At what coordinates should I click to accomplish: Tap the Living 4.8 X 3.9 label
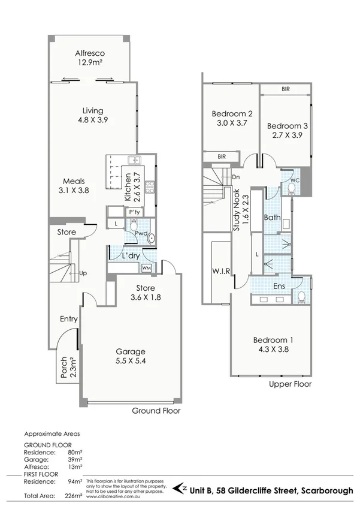(x=93, y=115)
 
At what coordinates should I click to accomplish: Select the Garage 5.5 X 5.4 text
(x=131, y=357)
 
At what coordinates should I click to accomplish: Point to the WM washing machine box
(x=146, y=267)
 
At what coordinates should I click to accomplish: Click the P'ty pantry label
(x=132, y=212)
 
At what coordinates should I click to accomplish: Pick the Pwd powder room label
(x=141, y=233)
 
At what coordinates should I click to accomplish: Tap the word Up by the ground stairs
(x=83, y=273)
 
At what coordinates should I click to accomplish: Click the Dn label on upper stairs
(x=236, y=177)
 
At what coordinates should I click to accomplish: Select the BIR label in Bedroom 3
(x=286, y=89)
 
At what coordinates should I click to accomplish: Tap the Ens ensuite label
(x=279, y=286)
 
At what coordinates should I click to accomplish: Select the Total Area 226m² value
(x=74, y=496)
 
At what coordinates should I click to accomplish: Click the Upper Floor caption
(x=290, y=384)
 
